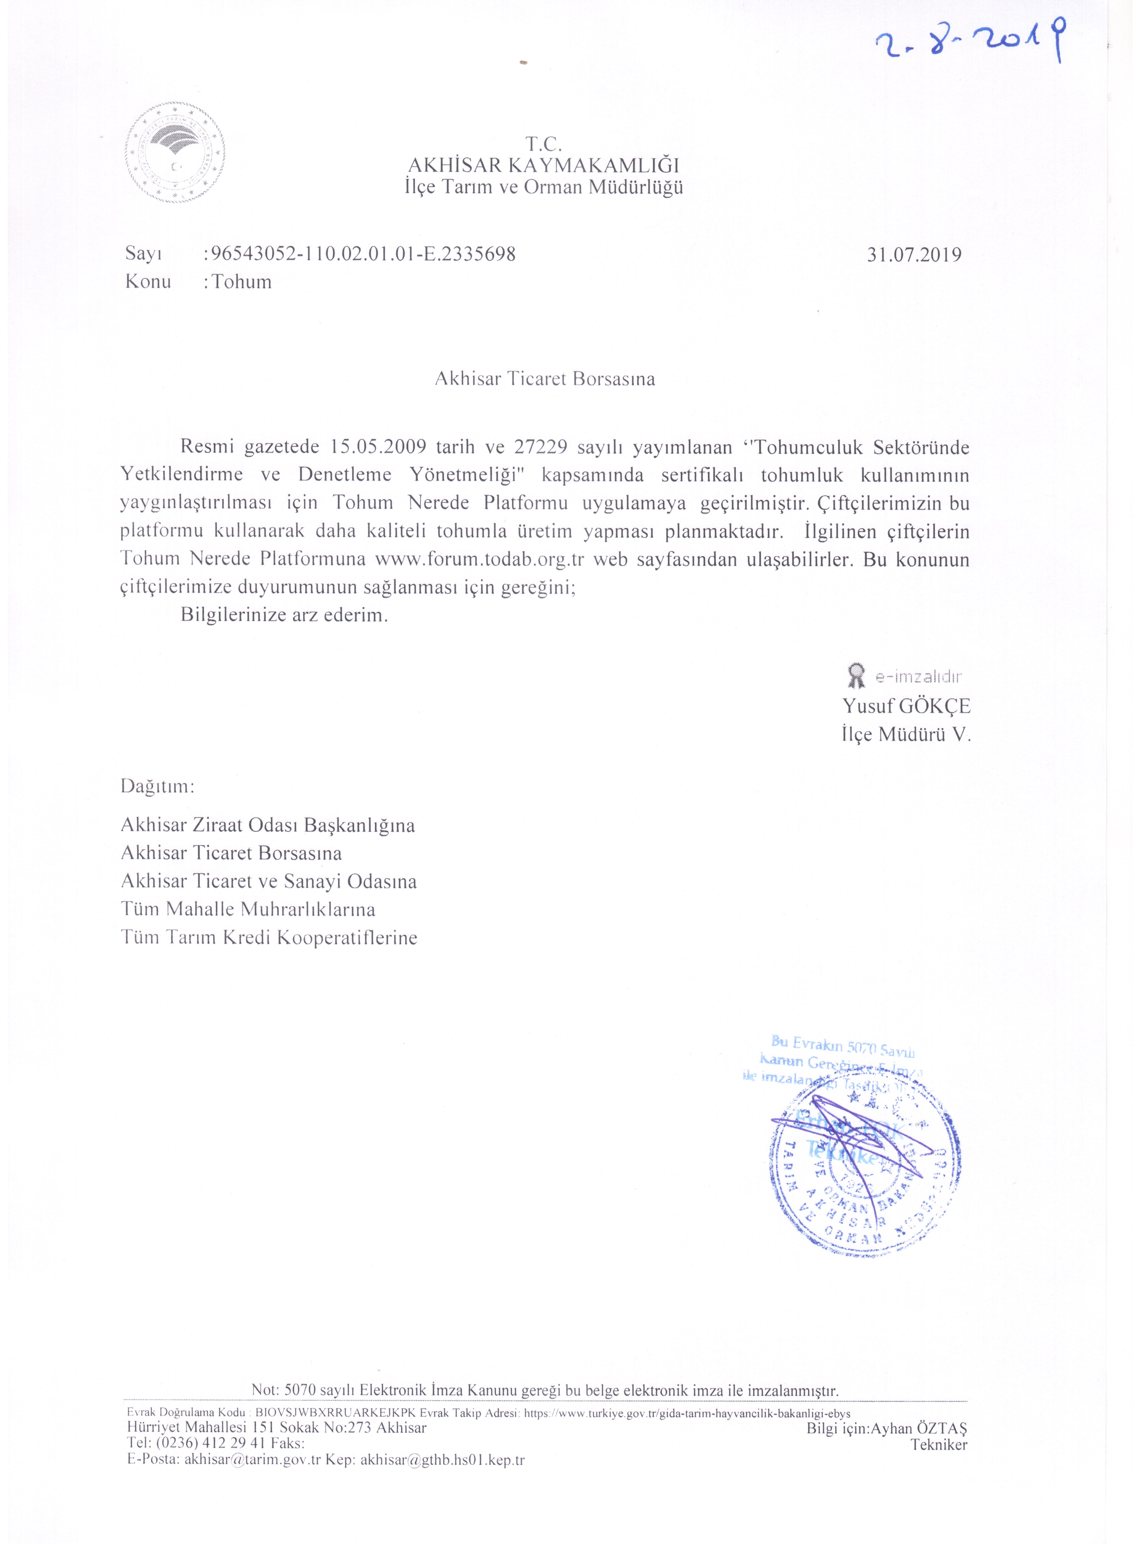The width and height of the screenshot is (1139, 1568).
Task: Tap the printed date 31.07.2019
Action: tap(914, 255)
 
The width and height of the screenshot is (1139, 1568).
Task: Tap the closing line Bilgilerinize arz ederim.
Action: tap(284, 615)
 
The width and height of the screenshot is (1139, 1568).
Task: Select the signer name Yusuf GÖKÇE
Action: tap(906, 706)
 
